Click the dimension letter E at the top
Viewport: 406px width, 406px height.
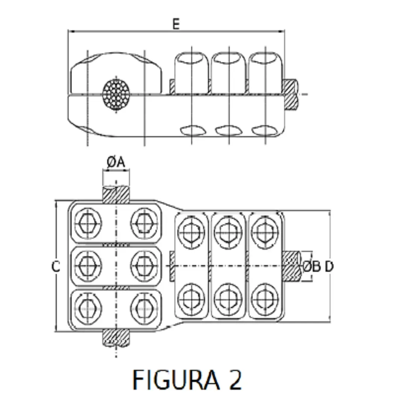click(176, 24)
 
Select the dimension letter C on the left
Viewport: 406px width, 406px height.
click(56, 267)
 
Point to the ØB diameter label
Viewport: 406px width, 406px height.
click(312, 267)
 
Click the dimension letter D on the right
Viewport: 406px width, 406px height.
click(329, 267)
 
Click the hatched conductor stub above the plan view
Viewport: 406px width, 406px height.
click(117, 194)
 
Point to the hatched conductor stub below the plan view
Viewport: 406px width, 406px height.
click(117, 338)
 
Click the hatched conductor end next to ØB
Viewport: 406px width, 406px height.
click(292, 267)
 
